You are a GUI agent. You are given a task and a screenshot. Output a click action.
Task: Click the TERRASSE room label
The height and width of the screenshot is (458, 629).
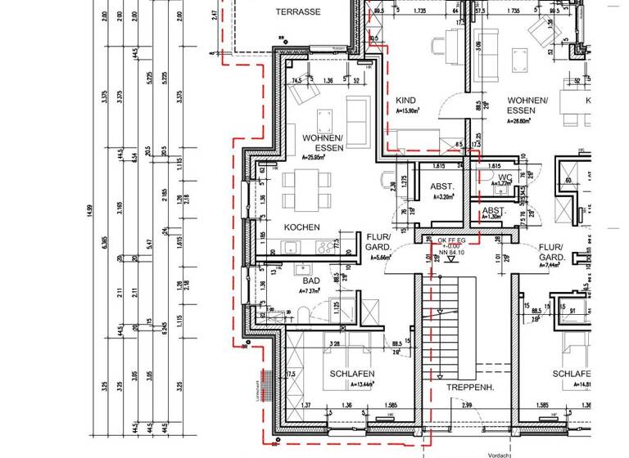(x=297, y=11)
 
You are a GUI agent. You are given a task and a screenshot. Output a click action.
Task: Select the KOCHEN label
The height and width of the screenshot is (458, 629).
(x=301, y=227)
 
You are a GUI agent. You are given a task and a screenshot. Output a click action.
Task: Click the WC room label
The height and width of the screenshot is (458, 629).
(x=505, y=176)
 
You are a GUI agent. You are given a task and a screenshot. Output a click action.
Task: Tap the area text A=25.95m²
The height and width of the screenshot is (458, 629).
(x=314, y=157)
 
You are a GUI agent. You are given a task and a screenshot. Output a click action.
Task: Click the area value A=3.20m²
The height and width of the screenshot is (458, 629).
(x=442, y=197)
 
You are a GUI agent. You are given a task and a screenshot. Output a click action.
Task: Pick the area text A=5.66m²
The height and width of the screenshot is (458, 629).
(x=382, y=257)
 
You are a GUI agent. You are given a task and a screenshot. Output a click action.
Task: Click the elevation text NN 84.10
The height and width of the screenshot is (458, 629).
(x=451, y=253)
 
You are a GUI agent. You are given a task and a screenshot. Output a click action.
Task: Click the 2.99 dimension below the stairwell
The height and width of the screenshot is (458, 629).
(x=468, y=406)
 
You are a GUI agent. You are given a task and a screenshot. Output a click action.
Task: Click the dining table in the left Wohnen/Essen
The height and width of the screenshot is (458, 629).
(x=307, y=189)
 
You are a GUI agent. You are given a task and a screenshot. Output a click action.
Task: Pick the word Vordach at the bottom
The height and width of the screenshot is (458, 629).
(x=500, y=454)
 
